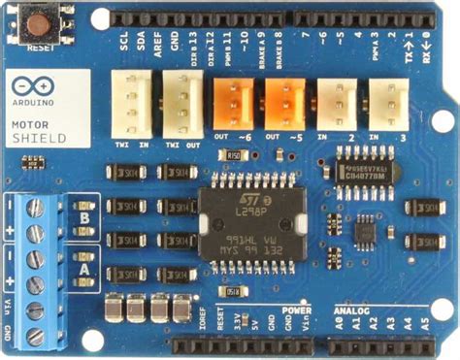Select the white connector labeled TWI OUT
tap(181, 100)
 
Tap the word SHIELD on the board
tap(39, 139)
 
